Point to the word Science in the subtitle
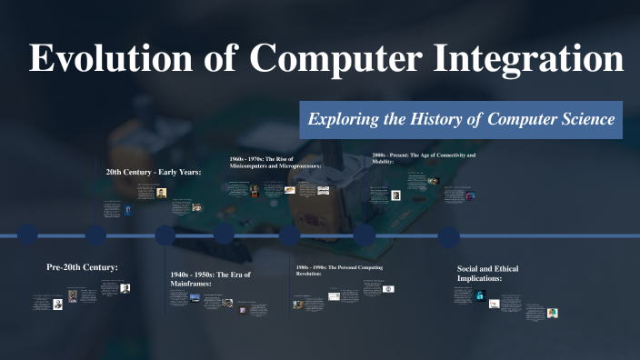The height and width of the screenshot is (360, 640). coord(582,120)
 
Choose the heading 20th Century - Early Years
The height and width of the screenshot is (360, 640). coord(153,171)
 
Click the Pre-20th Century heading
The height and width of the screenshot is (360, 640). coord(82,267)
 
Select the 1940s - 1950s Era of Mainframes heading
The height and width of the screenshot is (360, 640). coord(209,279)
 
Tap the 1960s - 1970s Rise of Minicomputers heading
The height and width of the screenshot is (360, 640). coord(275,163)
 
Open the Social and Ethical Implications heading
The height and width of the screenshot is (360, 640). coord(492,274)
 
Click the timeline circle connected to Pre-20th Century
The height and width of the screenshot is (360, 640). coord(28,235)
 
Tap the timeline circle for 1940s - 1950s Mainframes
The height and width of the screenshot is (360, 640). coord(165,235)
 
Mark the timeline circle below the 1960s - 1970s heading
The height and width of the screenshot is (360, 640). coord(224,235)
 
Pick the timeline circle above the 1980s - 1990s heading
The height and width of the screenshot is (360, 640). coord(289,235)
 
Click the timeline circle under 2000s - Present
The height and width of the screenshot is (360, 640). coord(365,235)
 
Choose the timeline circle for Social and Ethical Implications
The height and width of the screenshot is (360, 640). coord(448,235)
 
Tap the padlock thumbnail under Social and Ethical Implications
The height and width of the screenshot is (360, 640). coord(480,295)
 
